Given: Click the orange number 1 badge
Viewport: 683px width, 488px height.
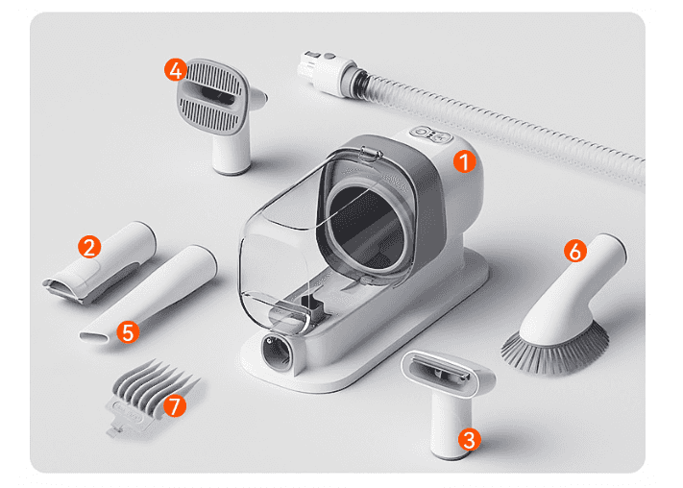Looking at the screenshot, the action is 465,161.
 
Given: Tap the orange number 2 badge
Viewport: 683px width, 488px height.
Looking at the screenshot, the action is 89,247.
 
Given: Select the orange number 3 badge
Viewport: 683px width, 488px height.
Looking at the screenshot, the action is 470,440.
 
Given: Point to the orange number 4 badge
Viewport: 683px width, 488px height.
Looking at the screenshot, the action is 176,70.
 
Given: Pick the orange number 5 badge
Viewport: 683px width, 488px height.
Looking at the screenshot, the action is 128,332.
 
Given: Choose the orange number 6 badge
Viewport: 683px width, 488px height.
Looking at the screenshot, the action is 575,251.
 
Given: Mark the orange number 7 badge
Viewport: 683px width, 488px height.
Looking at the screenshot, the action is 175,405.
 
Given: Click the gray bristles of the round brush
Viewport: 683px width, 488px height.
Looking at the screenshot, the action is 555,351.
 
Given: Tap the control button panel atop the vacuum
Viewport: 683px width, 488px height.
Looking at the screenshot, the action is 431,134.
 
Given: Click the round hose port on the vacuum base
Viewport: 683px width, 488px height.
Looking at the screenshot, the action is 277,352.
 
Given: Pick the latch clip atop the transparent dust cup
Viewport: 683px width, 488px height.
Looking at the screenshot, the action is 371,153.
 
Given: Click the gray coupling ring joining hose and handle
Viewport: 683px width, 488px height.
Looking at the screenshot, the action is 355,79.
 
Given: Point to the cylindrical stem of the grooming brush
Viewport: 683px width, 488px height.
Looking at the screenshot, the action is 232,153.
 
